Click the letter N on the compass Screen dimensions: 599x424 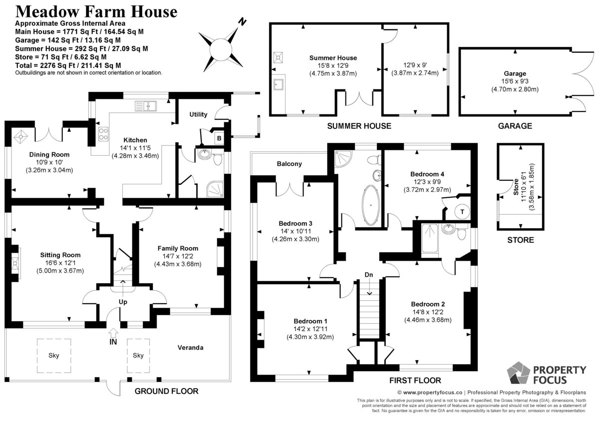(242, 21)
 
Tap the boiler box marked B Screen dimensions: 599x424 (219, 138)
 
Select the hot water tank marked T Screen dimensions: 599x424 (462, 212)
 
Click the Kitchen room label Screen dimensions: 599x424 (135, 140)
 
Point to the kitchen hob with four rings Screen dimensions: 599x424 (103, 134)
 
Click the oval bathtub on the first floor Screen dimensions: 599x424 (370, 205)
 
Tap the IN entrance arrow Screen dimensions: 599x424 (113, 333)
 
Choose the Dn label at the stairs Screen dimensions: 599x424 (368, 275)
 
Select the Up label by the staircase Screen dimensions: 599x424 (123, 302)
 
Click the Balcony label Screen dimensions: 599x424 (290, 164)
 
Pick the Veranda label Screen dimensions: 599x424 (190, 348)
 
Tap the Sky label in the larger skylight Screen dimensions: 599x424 (54, 355)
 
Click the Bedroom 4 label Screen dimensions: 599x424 (427, 174)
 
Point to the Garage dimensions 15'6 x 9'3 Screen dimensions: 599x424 (515, 81)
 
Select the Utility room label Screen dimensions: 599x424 (198, 114)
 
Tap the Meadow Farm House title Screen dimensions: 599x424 (96, 11)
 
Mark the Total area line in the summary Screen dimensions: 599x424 (68, 65)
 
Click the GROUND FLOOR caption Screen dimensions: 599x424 (166, 391)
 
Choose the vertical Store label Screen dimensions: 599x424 (516, 187)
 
